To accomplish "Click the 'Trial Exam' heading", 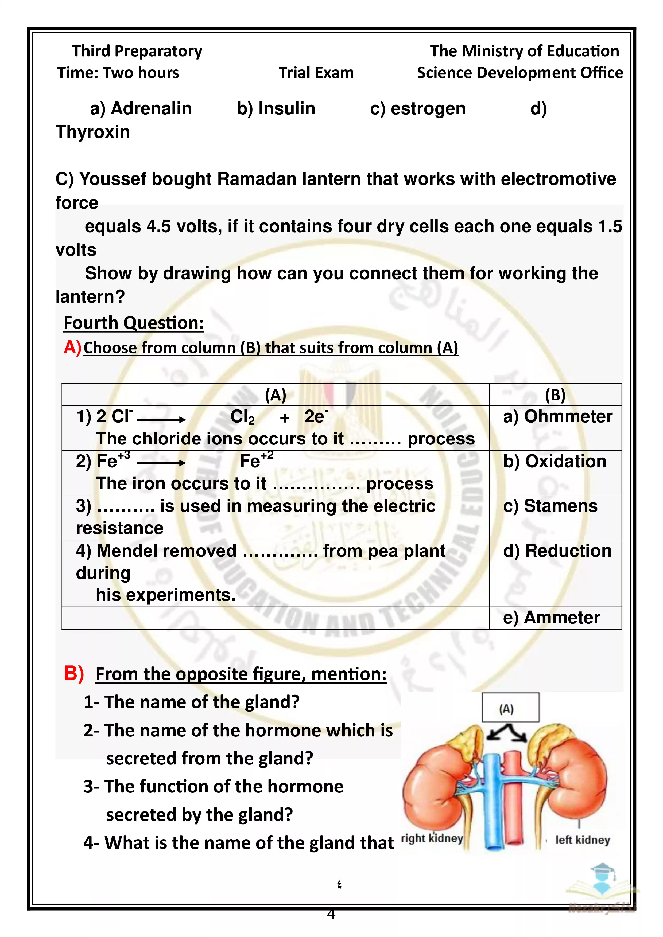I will click(316, 73).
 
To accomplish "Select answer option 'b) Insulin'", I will click(276, 108).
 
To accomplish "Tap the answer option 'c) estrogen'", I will click(418, 108).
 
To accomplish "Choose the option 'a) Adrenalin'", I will click(141, 108).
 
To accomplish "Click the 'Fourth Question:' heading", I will click(134, 323).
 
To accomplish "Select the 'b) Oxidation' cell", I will click(555, 461).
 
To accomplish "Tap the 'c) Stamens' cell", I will click(550, 506).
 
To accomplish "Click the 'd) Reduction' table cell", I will click(557, 551).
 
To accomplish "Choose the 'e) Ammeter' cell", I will click(551, 618).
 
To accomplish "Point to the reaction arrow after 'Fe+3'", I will click(161, 463).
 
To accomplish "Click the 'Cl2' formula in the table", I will click(242, 417).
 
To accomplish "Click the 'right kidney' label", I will click(432, 838).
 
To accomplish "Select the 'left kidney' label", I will click(582, 840).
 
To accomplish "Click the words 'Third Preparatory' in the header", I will click(137, 51).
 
